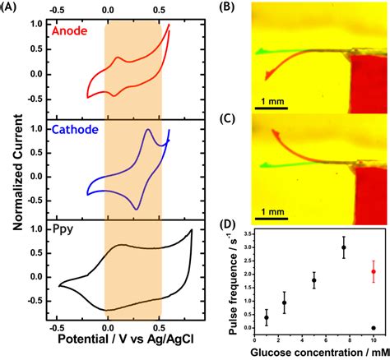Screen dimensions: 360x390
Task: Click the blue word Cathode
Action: pyautogui.click(x=75, y=129)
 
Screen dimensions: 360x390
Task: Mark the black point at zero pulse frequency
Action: pyautogui.click(x=374, y=328)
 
